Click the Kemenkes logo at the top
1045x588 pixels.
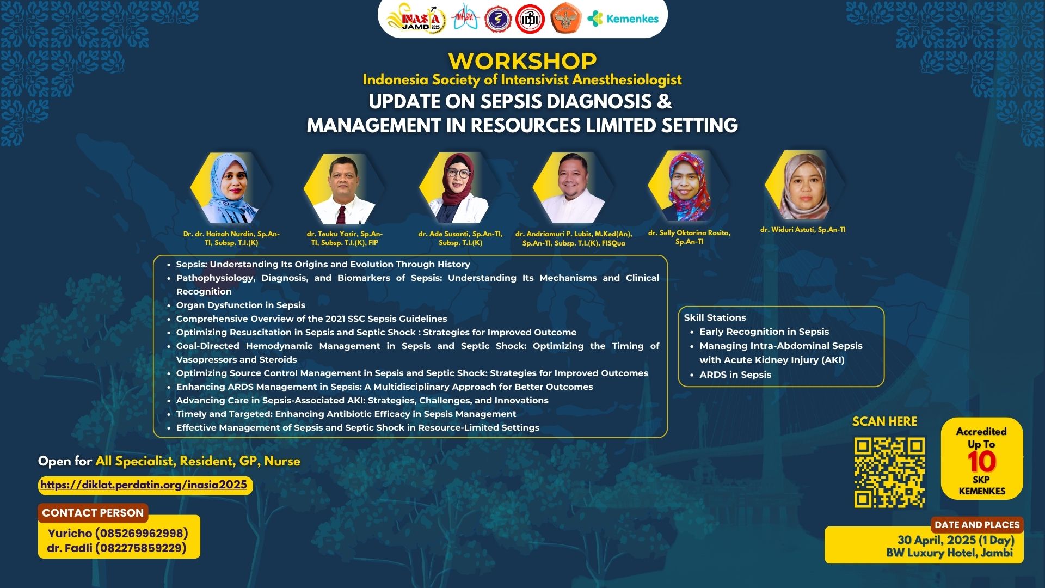[x=623, y=19]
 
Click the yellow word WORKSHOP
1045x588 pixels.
[x=522, y=61]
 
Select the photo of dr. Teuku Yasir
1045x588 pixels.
[x=344, y=189]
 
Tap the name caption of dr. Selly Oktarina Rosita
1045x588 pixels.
[x=689, y=237]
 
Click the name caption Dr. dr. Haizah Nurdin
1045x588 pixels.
[x=231, y=238]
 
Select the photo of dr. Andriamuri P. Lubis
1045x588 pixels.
[x=573, y=188]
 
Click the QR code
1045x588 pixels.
[x=889, y=473]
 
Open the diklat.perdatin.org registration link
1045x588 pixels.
[x=144, y=485]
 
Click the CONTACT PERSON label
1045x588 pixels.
[x=93, y=513]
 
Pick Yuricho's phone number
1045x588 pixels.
[x=142, y=533]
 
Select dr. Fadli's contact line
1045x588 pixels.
[x=116, y=548]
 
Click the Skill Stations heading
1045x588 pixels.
[x=715, y=317]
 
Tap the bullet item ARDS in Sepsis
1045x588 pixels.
[x=735, y=375]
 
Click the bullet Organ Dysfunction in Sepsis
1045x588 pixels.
[x=241, y=305]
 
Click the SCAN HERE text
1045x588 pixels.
[x=884, y=421]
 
